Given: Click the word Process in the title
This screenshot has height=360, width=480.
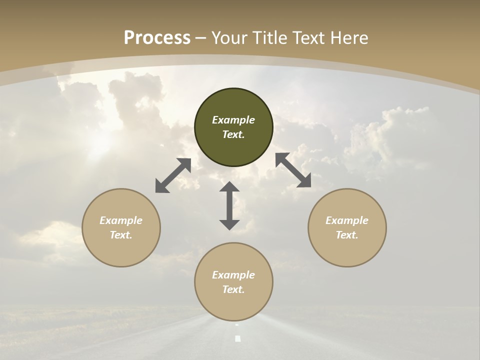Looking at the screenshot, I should [x=157, y=38].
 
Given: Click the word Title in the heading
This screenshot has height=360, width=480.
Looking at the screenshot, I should [x=270, y=38].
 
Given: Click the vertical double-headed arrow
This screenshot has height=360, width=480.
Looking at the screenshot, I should [x=229, y=206].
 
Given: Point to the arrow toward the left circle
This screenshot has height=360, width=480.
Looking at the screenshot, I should [x=173, y=175].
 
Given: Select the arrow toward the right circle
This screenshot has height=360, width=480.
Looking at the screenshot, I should [x=293, y=170].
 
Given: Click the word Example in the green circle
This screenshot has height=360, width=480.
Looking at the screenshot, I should [x=233, y=120].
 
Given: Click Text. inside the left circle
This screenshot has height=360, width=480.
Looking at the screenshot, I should [x=121, y=235].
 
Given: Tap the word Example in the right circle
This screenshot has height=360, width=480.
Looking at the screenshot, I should [x=347, y=220].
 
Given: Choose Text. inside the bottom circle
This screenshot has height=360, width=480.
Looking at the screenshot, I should [x=233, y=289].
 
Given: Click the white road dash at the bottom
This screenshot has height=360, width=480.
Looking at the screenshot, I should [x=238, y=338].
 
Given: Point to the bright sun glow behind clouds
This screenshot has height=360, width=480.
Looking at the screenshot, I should [x=100, y=142].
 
